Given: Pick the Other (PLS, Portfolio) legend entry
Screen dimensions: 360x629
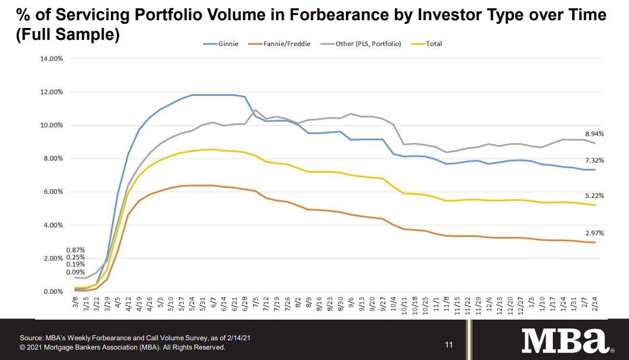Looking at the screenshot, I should (368, 44).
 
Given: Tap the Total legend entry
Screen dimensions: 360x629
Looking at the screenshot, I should (434, 44).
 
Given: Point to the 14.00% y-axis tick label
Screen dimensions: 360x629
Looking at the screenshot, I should (51, 59).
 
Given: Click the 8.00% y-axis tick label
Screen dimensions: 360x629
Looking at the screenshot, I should (53, 159).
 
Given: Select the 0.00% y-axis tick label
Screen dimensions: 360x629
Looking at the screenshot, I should (53, 292).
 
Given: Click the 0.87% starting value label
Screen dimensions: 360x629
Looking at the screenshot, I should (75, 250).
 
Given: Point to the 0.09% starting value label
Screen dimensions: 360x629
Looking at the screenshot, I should (75, 272).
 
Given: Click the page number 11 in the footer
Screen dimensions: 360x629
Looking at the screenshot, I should (449, 344).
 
